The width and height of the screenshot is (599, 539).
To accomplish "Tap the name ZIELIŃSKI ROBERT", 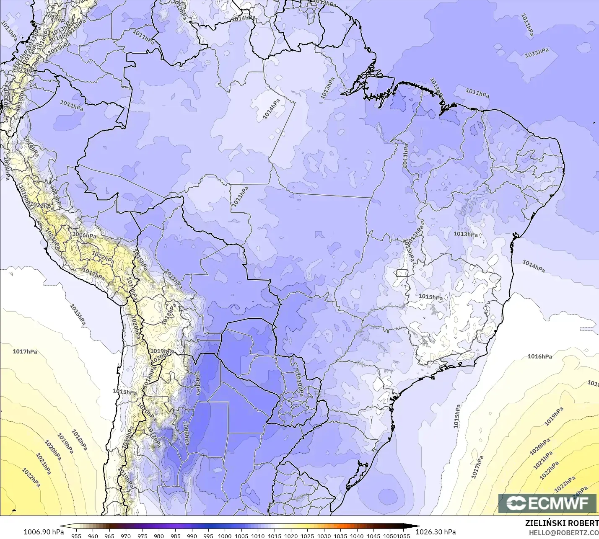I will pyautogui.click(x=562, y=523).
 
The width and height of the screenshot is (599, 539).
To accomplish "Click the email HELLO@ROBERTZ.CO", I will pyautogui.click(x=563, y=533).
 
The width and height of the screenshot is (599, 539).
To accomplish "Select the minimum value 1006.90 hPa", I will pyautogui.click(x=44, y=532).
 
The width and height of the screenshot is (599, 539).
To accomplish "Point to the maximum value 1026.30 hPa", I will pyautogui.click(x=436, y=532).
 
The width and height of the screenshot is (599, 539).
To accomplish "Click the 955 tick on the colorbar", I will pyautogui.click(x=76, y=536).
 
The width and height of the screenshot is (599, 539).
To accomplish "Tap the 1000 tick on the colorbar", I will pyautogui.click(x=225, y=536).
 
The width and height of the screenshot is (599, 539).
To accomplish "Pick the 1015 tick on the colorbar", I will pyautogui.click(x=274, y=536).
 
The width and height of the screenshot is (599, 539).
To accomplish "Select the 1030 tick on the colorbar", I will pyautogui.click(x=324, y=536).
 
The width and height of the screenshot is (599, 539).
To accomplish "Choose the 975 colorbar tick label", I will pyautogui.click(x=142, y=536).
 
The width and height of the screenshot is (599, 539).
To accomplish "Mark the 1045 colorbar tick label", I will pyautogui.click(x=373, y=536).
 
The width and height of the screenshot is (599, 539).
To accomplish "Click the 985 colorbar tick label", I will pyautogui.click(x=175, y=536).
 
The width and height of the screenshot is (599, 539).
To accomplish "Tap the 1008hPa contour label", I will pyautogui.click(x=186, y=433).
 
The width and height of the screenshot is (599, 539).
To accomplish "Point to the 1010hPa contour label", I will pyautogui.click(x=299, y=382).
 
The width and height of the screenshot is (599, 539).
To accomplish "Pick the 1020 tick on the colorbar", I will pyautogui.click(x=291, y=536).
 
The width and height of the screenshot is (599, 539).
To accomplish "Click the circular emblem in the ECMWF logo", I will pyautogui.click(x=516, y=503).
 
